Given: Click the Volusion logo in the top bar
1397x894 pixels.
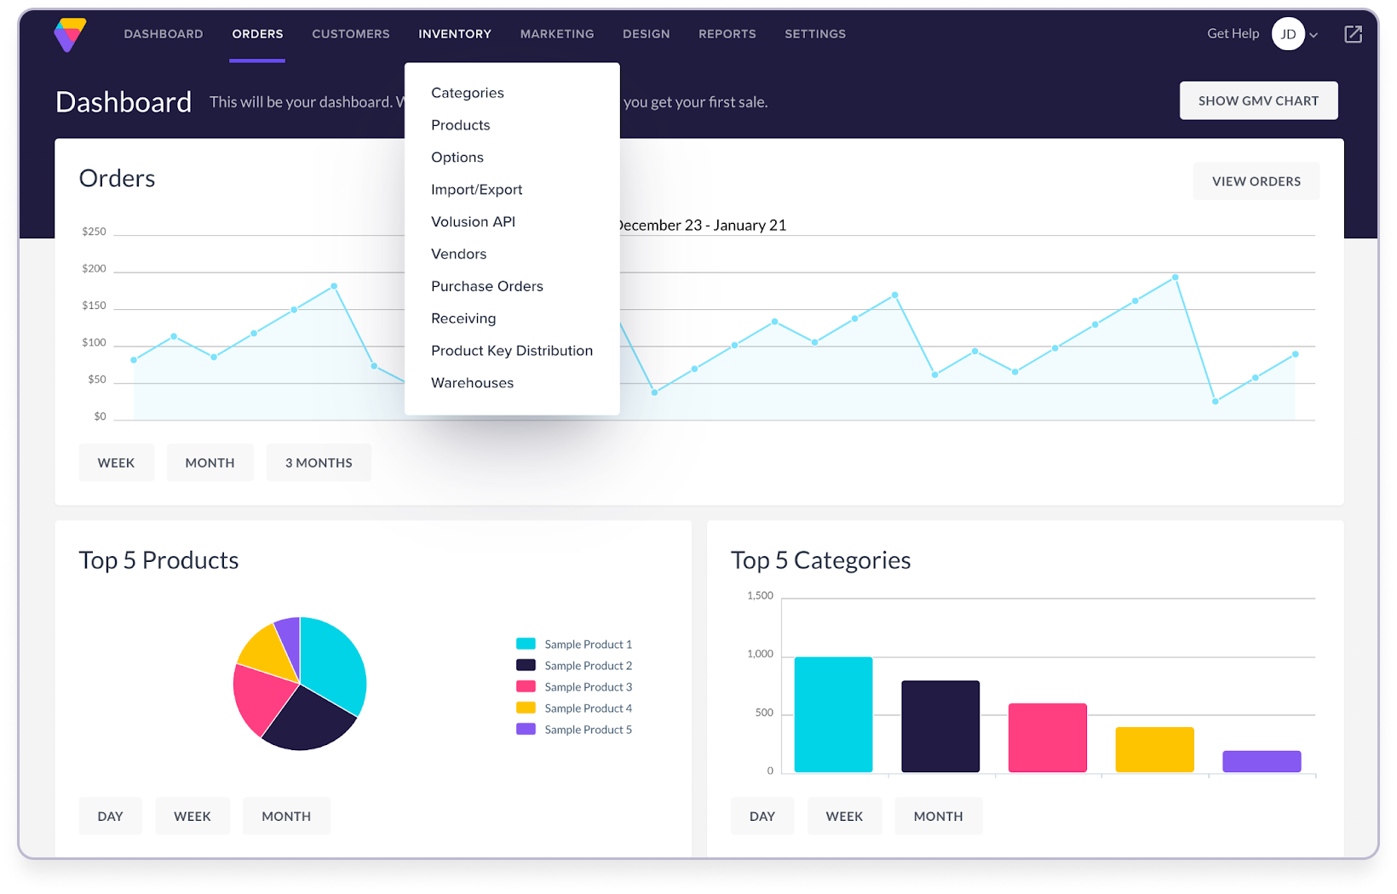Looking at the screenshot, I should coord(70,35).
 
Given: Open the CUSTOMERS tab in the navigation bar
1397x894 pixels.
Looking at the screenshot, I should coord(350,34).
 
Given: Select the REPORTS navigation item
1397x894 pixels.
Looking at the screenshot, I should coord(727,34).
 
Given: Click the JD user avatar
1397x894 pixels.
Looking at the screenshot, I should coord(1288,34).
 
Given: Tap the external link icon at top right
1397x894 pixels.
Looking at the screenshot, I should coord(1353,34).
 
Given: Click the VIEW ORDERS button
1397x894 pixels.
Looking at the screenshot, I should coord(1256,181).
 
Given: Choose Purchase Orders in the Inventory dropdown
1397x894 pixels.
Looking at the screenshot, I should coord(486,286).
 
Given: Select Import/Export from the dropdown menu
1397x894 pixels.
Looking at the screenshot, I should coord(476,190).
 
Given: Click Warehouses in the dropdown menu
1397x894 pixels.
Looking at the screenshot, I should coord(472,383).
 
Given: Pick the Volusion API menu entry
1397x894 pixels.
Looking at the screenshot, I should coord(473,222).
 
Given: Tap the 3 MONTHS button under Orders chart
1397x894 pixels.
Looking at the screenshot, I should coord(318,463).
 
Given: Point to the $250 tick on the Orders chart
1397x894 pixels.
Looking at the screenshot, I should coord(94,232).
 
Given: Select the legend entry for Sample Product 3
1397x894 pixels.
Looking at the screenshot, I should coord(588,687).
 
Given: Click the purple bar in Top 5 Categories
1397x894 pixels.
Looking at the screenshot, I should coord(1261,761).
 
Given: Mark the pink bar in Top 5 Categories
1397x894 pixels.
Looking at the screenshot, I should coord(1047,737).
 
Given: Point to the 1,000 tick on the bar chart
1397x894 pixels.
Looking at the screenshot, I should coord(760,654).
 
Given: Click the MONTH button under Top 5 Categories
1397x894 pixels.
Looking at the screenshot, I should coord(938,817).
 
